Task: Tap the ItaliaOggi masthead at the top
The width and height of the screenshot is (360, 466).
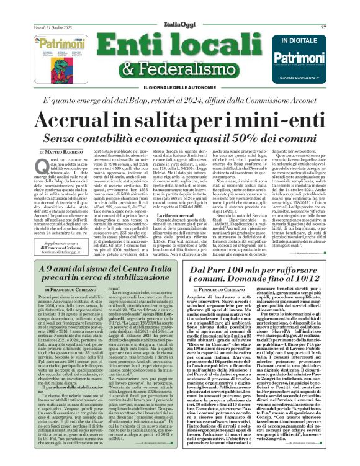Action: coord(179,9)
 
